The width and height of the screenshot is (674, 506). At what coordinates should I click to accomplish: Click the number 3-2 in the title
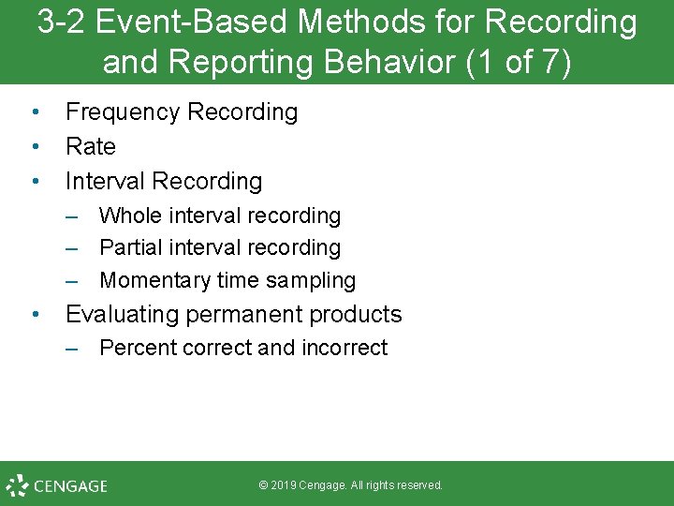coord(63,22)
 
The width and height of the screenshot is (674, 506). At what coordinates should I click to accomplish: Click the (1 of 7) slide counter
coord(519,62)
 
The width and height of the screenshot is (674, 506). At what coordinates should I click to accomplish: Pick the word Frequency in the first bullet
coord(123,112)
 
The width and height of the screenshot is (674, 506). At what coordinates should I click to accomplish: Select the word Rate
coord(91,147)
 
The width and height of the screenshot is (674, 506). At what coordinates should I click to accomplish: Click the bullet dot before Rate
coord(35,147)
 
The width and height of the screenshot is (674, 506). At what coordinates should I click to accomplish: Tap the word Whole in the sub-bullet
coord(130,216)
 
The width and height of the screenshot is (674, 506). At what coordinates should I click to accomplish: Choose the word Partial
coord(131,248)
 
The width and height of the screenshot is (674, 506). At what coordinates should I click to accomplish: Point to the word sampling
coord(308,280)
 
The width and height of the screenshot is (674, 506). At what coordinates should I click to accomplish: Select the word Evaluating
coord(128,315)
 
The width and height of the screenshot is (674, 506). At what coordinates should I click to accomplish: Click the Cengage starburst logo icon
coord(17,485)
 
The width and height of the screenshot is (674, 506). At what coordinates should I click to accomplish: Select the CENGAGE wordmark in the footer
coord(70,486)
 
